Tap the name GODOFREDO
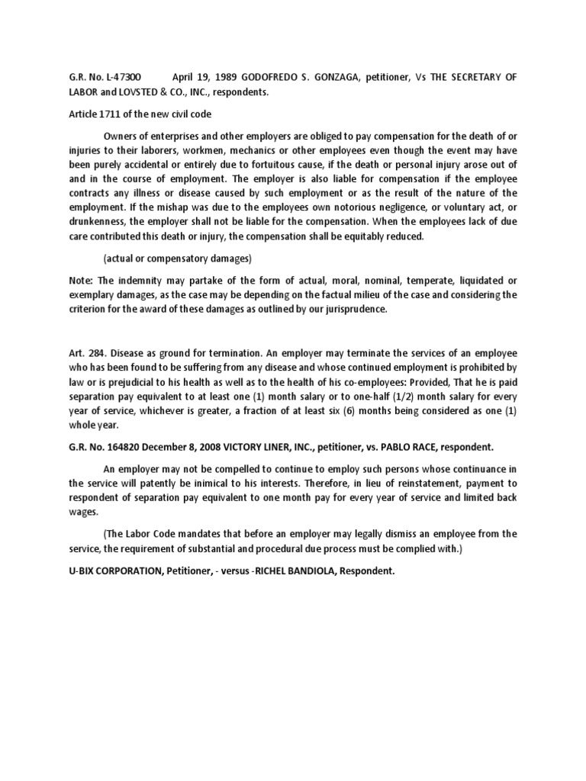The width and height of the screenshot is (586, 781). [x=275, y=77]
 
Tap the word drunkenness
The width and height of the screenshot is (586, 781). [x=95, y=222]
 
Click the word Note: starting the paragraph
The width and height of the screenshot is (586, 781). [x=82, y=280]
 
